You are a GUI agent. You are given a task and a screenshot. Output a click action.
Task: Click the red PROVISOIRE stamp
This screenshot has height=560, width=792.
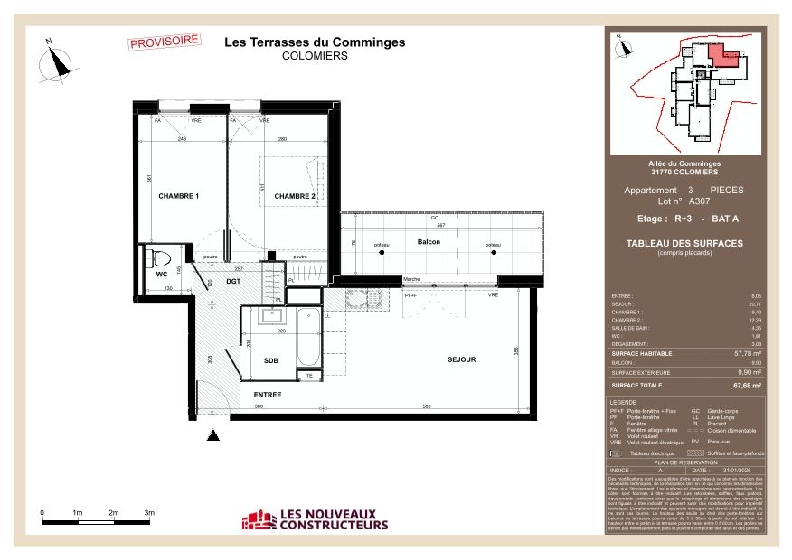coord(165,41)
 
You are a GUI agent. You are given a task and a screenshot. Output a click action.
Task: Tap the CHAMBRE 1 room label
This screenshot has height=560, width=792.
coord(178,196)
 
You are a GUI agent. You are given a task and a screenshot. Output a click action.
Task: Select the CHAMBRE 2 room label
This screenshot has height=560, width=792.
coord(295,196)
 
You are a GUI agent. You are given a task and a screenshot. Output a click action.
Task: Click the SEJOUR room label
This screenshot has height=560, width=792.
coord(461,359)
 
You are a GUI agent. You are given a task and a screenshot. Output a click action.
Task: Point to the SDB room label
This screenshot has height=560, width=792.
coord(270,360)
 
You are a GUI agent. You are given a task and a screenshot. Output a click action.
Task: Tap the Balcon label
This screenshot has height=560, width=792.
coord(429,242)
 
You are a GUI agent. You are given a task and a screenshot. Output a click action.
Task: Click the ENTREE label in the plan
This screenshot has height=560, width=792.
coord(268,395)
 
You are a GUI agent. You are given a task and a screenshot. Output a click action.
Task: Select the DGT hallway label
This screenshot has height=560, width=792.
coord(233,283)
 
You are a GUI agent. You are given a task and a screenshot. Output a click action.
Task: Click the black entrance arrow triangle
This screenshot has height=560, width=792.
coord(213,436)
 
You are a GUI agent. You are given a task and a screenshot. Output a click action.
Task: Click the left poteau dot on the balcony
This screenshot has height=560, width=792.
coord(382,252)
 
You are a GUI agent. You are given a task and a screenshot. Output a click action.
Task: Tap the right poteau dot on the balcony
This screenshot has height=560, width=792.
coord(494,252)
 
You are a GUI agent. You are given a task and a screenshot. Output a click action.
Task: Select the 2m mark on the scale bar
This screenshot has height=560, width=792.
coord(114,513)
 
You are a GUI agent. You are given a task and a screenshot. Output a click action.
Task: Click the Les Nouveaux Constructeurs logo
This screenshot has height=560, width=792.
coord(315,519)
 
